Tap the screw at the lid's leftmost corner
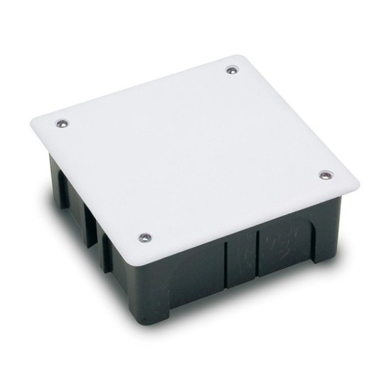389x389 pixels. pyautogui.click(x=61, y=123)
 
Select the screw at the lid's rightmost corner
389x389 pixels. pyautogui.click(x=324, y=175)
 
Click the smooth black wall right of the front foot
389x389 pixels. pyautogui.click(x=193, y=280)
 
